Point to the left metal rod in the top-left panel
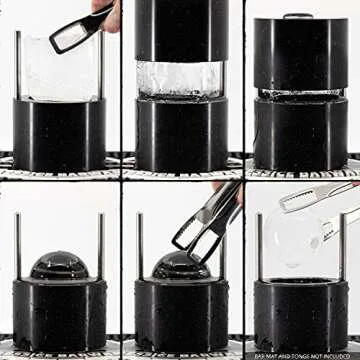18,65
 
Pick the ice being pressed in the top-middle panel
180,78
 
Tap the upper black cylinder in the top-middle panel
180,30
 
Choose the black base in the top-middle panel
181,135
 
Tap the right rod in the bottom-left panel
100,245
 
